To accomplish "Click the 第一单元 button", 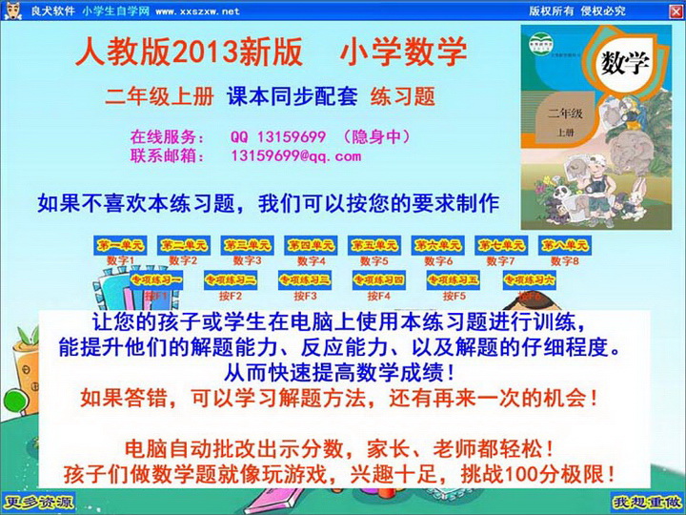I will pyautogui.click(x=119, y=245).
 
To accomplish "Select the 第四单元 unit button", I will pyautogui.click(x=311, y=245).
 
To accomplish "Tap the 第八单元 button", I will pyautogui.click(x=566, y=245).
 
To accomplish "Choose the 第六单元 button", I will pyautogui.click(x=437, y=245).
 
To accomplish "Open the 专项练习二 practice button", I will pyautogui.click(x=230, y=280).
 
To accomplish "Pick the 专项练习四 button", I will pyautogui.click(x=378, y=280).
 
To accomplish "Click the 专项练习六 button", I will pyautogui.click(x=528, y=280).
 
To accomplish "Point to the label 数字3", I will pyautogui.click(x=247, y=260).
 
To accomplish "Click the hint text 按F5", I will pyautogui.click(x=454, y=296).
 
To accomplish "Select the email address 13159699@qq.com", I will pyautogui.click(x=296, y=155).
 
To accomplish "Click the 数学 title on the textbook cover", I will pyautogui.click(x=625, y=64).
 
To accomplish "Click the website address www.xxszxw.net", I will pyautogui.click(x=196, y=11).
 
